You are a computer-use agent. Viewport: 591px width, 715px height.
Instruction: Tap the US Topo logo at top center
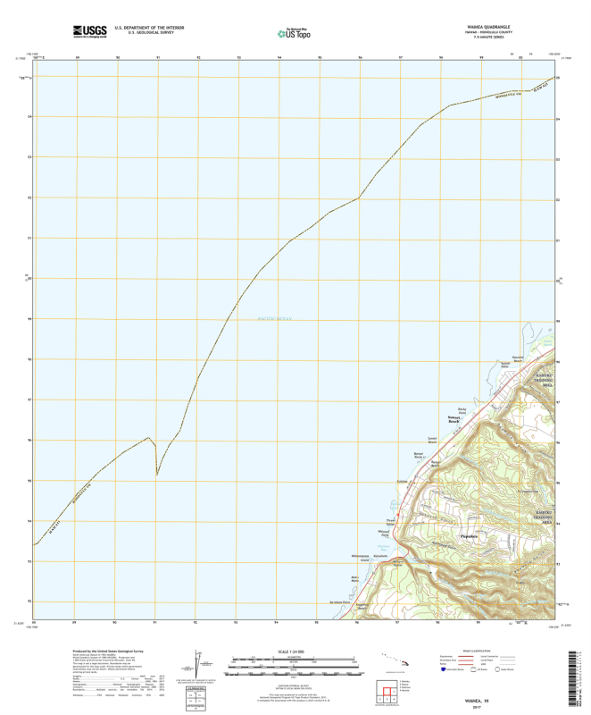[x=295, y=33]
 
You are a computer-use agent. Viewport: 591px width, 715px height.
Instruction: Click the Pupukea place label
[x=470, y=536]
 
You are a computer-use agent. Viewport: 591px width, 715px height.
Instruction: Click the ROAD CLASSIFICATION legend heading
[x=484, y=651]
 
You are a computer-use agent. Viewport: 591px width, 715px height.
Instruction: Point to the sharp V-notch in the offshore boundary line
[x=157, y=474]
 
